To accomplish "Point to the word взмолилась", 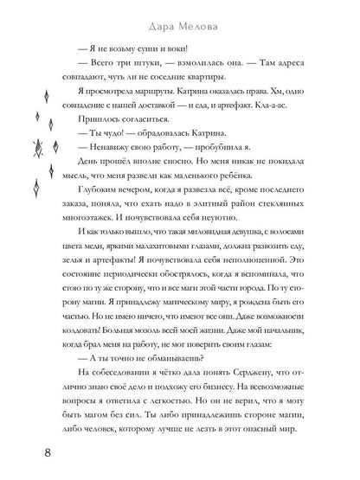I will pos(181,67).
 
